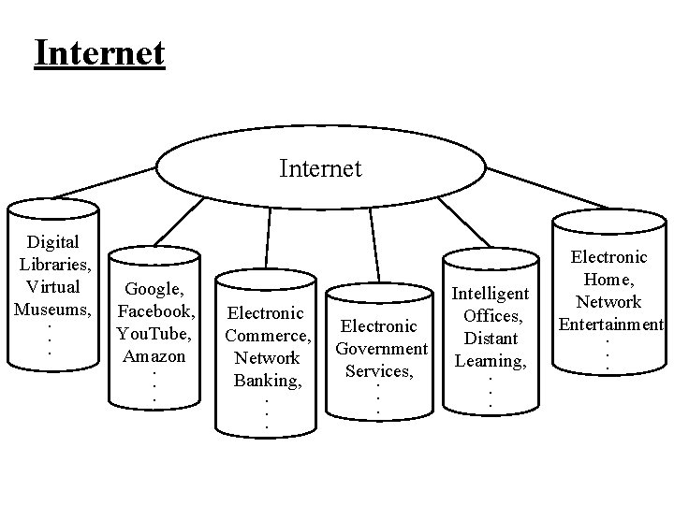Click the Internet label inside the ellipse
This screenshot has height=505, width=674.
[320, 168]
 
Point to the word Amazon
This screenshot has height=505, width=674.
[153, 355]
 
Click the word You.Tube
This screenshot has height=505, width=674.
[153, 333]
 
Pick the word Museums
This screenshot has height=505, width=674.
[52, 309]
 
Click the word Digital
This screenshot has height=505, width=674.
[52, 242]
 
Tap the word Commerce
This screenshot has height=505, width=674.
[269, 335]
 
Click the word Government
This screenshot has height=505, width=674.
[381, 349]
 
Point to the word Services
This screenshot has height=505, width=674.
[377, 371]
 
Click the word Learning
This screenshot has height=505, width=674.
[490, 360]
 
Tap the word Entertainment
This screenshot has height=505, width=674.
[610, 325]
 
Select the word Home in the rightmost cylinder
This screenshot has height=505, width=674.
[610, 279]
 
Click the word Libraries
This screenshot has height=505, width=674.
[52, 265]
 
